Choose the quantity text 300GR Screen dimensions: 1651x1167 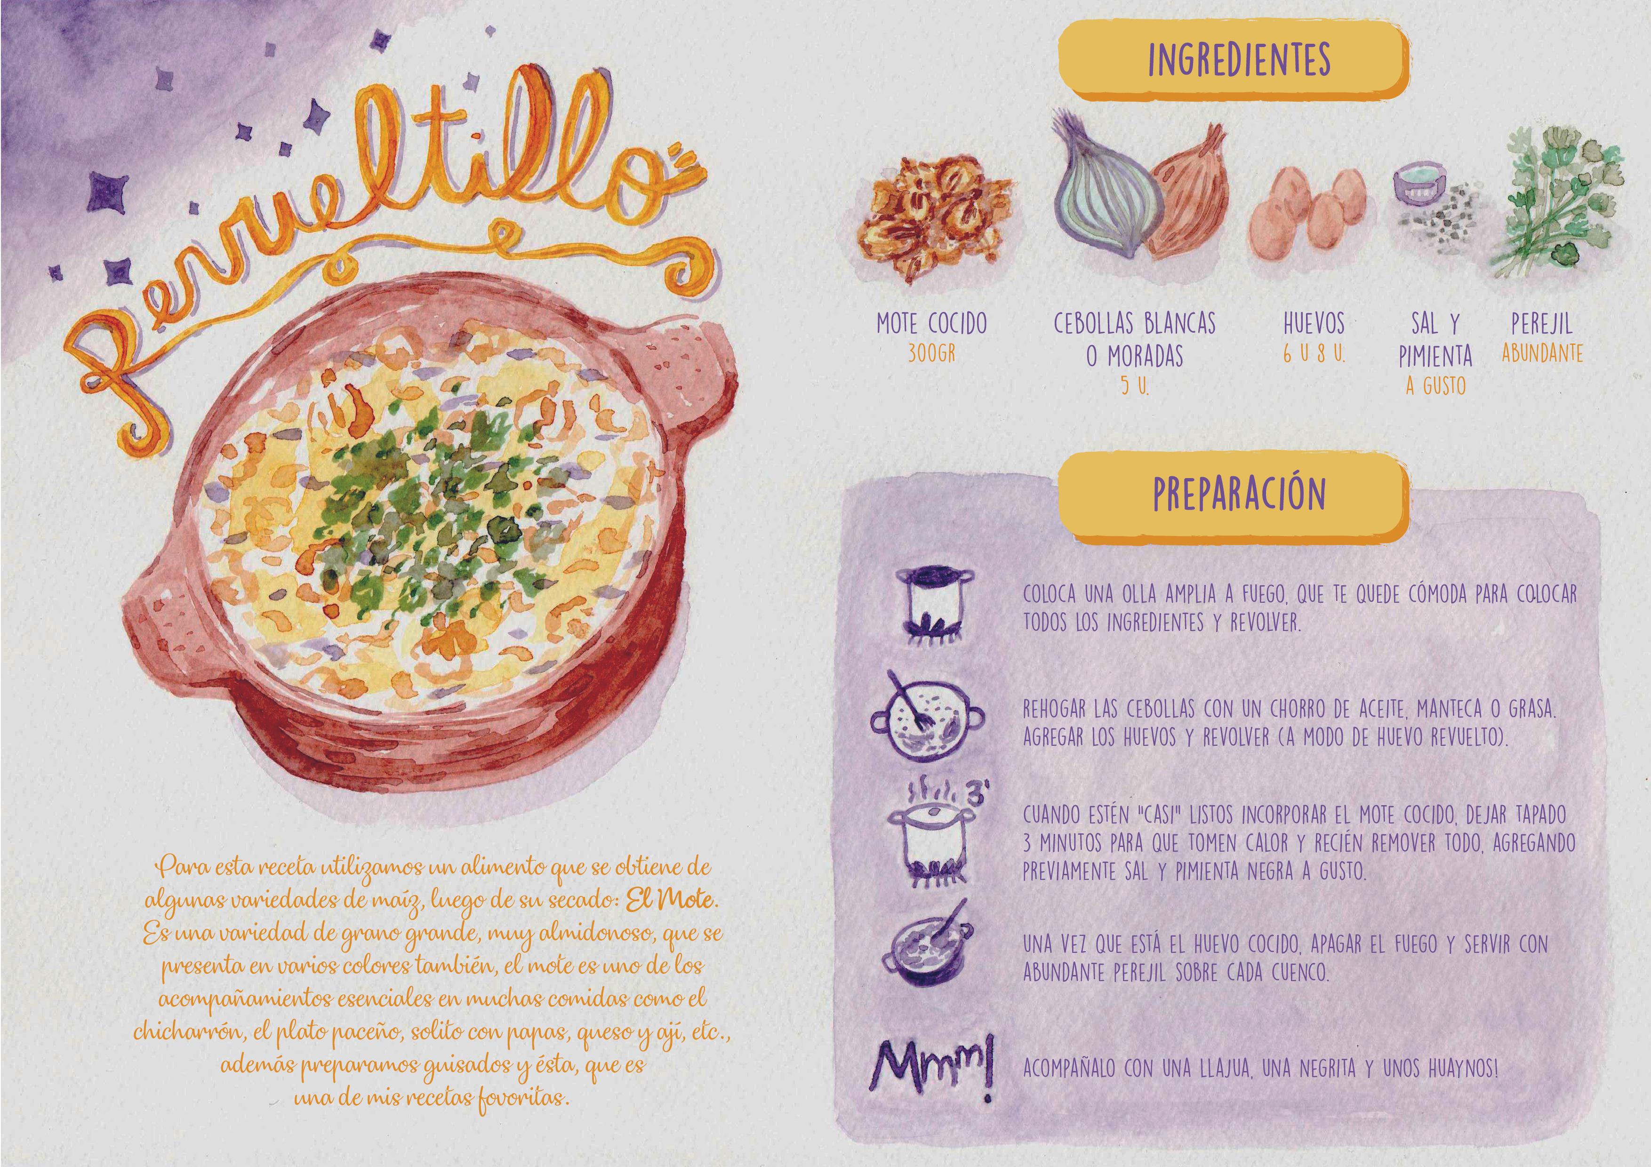931,354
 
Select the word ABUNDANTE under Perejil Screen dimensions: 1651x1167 1541,354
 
